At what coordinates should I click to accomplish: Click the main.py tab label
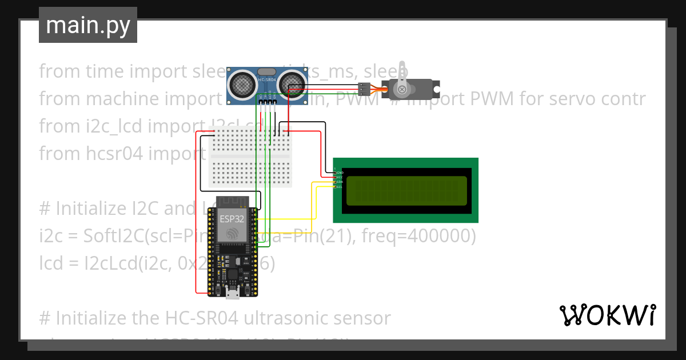coord(87,25)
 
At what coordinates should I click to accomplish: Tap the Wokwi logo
coord(607,315)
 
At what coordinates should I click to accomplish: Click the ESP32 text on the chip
coord(232,218)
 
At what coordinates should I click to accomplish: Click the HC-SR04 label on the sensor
coord(266,80)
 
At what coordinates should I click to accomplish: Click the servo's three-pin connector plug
coord(364,89)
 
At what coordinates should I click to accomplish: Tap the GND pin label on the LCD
coord(339,172)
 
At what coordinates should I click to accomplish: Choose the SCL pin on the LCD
coord(339,187)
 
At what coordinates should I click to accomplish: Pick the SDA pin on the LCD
coord(339,182)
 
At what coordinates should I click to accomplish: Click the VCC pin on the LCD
coord(339,177)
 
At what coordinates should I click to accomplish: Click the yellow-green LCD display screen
coord(406,190)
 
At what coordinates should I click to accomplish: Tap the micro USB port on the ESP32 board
coord(233,294)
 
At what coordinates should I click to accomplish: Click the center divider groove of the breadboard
coord(250,155)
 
